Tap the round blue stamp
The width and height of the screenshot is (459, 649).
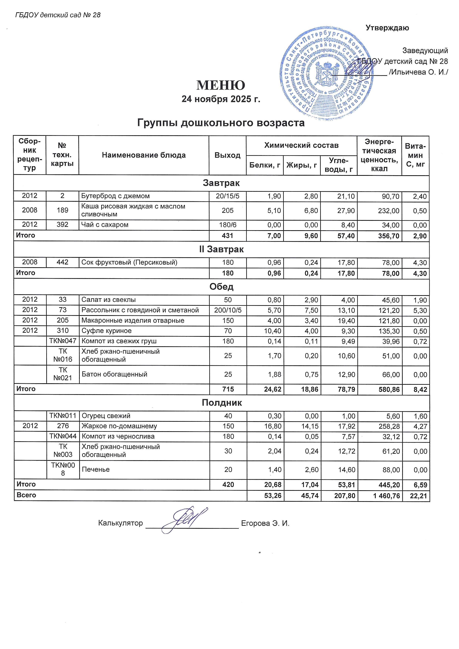point(325,74)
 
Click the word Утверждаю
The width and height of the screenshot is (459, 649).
point(387,28)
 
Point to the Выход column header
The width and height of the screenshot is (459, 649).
point(227,155)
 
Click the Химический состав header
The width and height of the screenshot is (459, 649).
point(301,145)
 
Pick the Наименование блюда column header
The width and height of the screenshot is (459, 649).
point(144,155)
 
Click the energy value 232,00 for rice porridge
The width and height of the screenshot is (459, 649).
point(389,211)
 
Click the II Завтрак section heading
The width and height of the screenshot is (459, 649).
point(221,249)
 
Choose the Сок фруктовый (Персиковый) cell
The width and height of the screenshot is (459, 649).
point(129,262)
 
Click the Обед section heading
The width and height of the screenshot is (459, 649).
point(221,287)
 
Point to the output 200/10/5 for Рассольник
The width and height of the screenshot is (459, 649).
point(228,310)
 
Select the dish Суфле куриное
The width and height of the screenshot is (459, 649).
point(107,331)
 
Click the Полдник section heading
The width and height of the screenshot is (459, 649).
point(222,403)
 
